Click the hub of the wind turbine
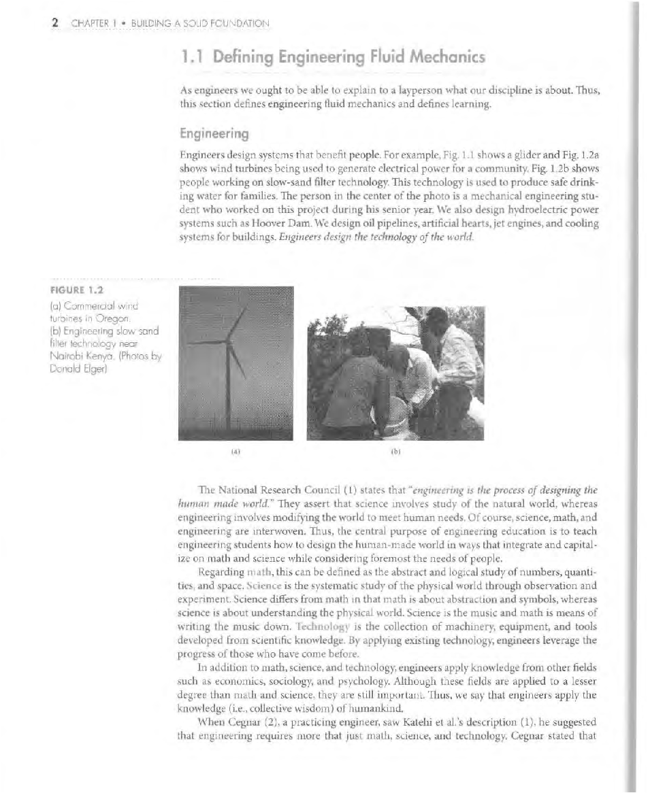tap(229, 341)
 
